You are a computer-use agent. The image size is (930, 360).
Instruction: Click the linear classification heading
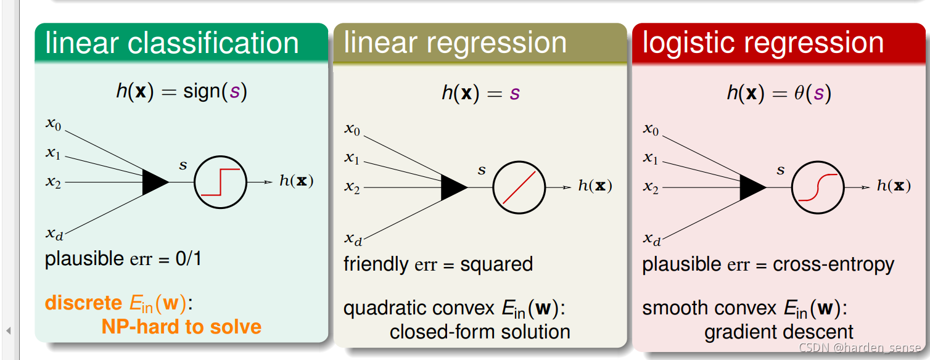(x=172, y=43)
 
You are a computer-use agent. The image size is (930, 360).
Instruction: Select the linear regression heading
(x=455, y=43)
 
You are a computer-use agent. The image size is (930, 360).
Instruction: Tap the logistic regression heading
(x=763, y=43)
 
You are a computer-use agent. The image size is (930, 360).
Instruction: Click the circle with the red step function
(x=220, y=182)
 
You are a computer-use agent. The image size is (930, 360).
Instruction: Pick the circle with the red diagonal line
(x=519, y=187)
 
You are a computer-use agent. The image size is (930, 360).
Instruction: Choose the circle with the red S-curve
(x=818, y=187)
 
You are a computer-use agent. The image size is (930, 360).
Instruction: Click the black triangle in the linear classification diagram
(x=154, y=182)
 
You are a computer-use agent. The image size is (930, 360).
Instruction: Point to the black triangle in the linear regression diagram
(x=453, y=187)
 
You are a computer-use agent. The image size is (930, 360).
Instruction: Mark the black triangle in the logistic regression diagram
(x=752, y=187)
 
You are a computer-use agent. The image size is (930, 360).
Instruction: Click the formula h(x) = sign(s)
(x=181, y=91)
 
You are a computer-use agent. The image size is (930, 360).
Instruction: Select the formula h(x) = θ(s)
(x=779, y=93)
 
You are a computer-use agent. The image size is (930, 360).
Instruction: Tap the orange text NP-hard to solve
(x=181, y=326)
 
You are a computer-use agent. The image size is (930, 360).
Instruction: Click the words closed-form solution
(x=480, y=332)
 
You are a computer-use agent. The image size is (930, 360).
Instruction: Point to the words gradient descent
(x=779, y=332)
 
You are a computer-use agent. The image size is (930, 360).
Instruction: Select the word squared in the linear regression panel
(x=496, y=264)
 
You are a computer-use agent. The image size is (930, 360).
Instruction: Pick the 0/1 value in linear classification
(x=188, y=258)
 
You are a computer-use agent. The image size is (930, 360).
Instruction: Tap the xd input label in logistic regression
(x=651, y=239)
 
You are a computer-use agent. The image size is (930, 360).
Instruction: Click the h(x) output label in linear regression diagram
(x=595, y=186)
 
